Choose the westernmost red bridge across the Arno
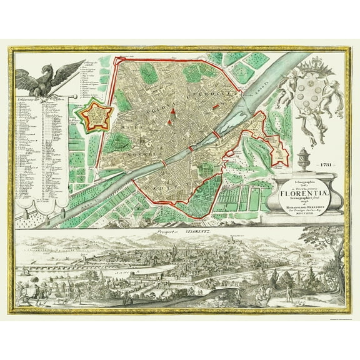(x=163, y=164)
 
